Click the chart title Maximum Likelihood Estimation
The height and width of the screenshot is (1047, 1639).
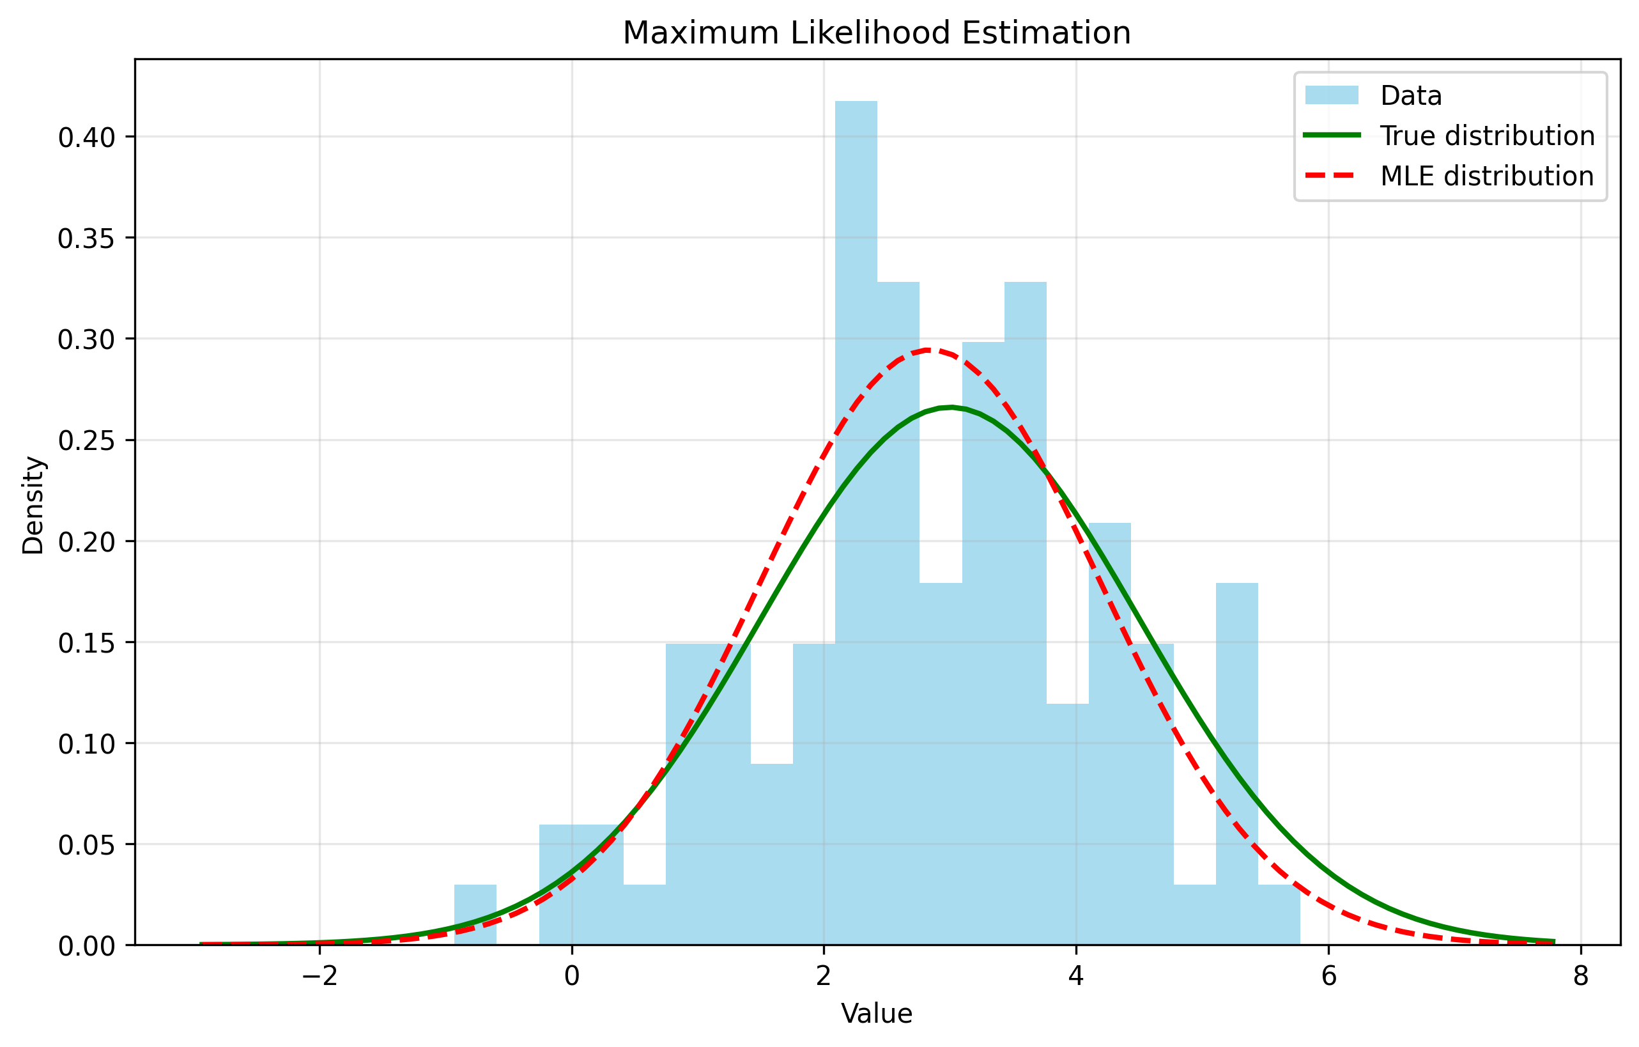point(877,33)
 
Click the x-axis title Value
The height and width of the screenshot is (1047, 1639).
point(877,1014)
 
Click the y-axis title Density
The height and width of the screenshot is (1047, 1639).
point(33,505)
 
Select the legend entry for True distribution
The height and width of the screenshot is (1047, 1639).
point(1487,136)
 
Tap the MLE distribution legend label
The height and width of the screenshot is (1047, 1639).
point(1486,176)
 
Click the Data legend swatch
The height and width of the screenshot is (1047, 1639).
point(1332,95)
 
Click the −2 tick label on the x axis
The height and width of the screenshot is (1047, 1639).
point(319,976)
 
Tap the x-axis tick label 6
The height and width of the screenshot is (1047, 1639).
point(1328,976)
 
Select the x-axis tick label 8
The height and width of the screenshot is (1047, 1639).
point(1580,976)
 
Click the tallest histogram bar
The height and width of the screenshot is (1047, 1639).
point(856,477)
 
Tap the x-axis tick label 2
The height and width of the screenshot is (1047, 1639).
point(824,976)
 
